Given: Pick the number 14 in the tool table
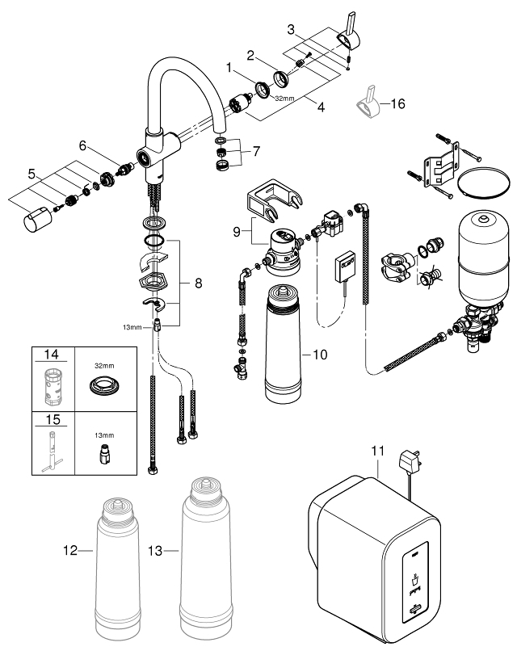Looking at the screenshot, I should [x=53, y=353].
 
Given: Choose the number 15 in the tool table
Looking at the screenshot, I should [x=53, y=420].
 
